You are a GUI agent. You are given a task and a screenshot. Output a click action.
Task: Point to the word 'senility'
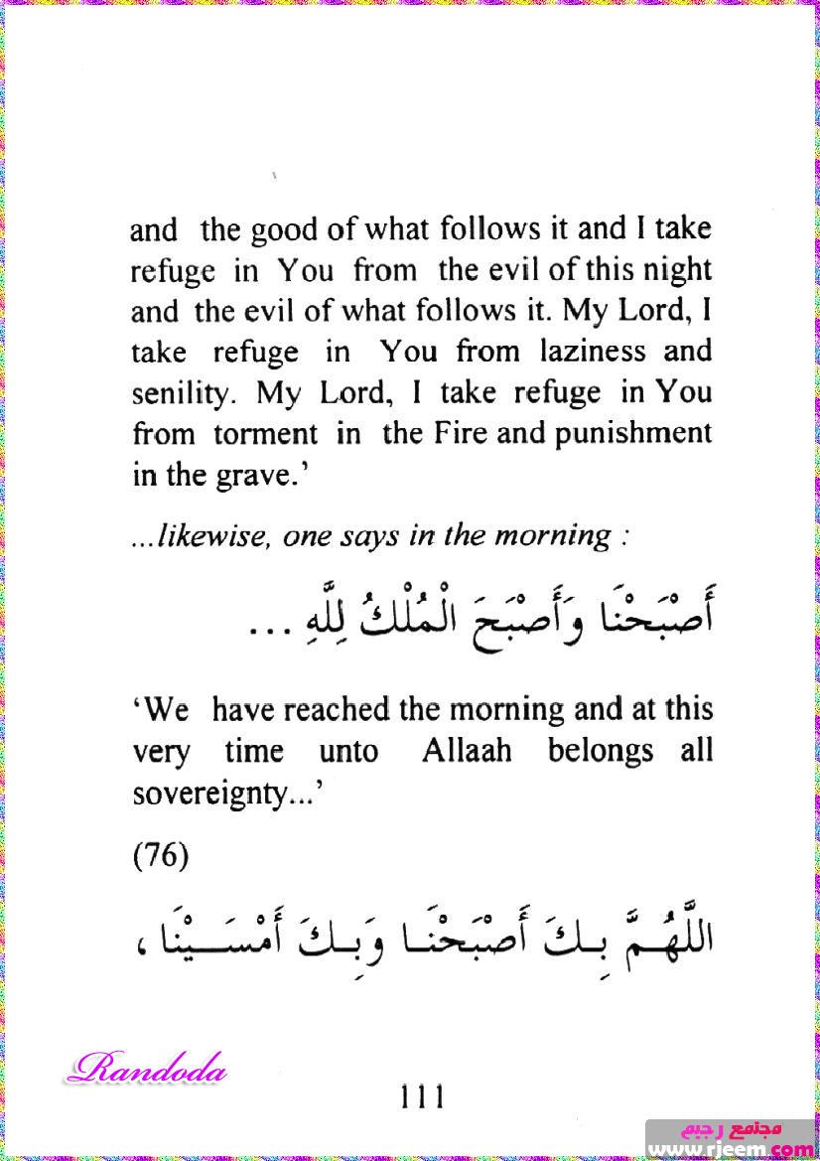click(x=185, y=393)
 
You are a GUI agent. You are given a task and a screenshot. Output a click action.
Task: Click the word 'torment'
click(x=267, y=434)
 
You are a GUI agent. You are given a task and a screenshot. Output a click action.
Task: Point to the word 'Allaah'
click(x=467, y=751)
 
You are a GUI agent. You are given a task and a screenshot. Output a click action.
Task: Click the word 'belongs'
click(x=601, y=751)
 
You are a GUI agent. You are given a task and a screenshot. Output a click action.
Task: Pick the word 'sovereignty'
click(x=220, y=793)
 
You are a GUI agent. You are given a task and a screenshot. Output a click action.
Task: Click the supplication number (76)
click(x=160, y=855)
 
